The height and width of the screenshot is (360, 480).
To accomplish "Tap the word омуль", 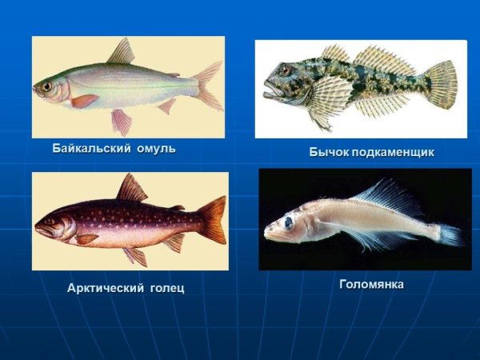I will pyautogui.click(x=154, y=149).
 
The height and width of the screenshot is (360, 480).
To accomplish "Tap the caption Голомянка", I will pyautogui.click(x=371, y=284).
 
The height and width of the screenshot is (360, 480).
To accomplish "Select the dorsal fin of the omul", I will pyautogui.click(x=122, y=53).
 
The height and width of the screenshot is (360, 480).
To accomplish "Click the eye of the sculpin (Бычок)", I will pyautogui.click(x=286, y=71).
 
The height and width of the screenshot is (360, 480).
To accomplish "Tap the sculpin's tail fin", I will pyautogui.click(x=441, y=83).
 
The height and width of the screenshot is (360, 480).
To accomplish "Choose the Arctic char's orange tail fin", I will pyautogui.click(x=211, y=219).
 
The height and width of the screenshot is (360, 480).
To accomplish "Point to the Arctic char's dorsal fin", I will pyautogui.click(x=130, y=190).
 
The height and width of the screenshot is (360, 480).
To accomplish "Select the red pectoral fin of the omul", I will pyautogui.click(x=85, y=101).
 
